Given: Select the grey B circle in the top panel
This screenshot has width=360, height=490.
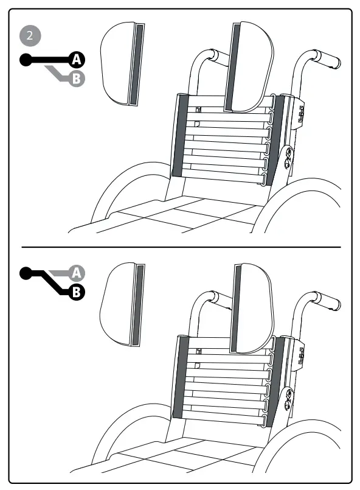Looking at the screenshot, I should coord(75,78).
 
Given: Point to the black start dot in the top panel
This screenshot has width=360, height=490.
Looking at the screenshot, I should coord(25,60).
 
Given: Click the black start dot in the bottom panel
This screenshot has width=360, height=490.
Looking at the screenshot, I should coord(25,274).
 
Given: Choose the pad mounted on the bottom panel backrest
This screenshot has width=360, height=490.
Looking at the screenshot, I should coord(252,309).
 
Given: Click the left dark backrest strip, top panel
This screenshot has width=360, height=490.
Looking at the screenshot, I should coord(179,135).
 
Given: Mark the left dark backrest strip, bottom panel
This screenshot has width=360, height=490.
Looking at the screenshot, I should coord(179,376).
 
